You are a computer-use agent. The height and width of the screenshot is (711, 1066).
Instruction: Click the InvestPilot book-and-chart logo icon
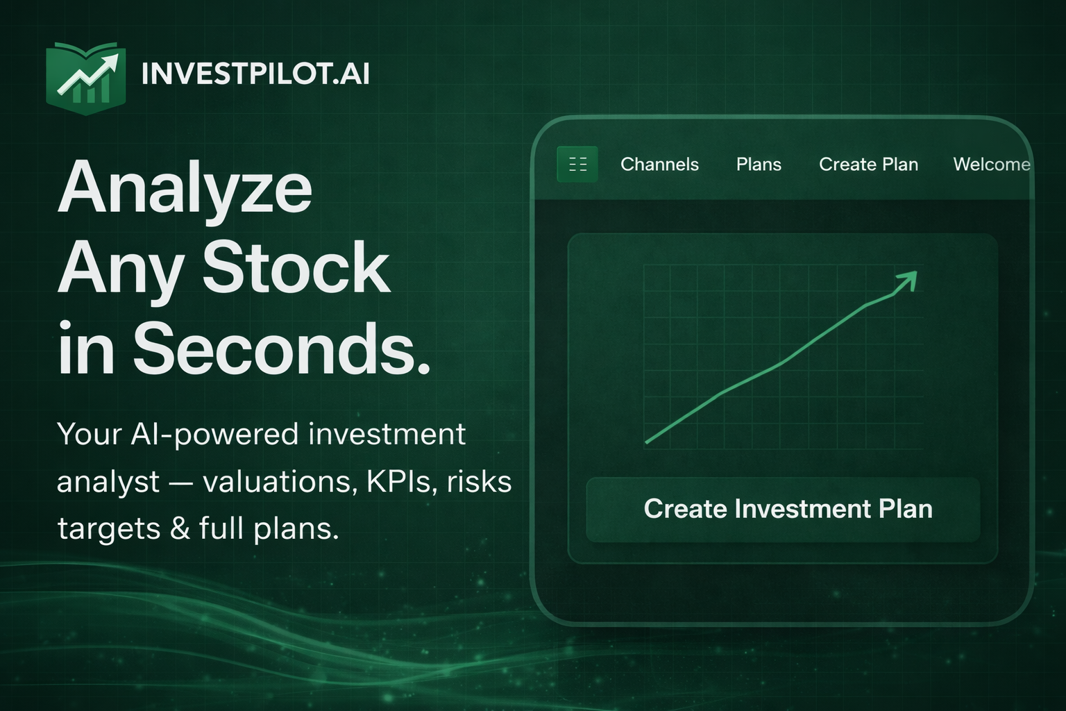coord(85,78)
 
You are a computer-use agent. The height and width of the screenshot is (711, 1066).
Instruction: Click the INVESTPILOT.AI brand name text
coord(255,74)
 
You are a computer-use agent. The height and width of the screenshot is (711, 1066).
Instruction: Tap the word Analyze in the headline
coord(185,188)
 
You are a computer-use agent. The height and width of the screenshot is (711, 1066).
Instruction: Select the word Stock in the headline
coord(296,268)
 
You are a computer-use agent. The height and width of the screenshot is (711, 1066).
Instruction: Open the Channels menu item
coord(659,165)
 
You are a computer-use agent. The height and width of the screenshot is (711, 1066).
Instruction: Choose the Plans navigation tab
coord(759,165)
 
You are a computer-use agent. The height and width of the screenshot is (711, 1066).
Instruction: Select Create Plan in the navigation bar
coord(868,165)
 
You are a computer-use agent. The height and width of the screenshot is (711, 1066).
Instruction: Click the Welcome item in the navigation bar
coord(991,165)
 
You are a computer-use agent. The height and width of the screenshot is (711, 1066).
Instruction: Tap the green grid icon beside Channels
coord(577,165)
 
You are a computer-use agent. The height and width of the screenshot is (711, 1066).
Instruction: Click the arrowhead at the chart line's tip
coord(908,281)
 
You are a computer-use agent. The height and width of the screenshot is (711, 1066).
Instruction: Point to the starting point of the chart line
coord(647,442)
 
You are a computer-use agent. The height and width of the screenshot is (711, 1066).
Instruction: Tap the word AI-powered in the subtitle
coord(215,435)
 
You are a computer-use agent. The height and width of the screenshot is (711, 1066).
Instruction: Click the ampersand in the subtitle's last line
coord(180,528)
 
